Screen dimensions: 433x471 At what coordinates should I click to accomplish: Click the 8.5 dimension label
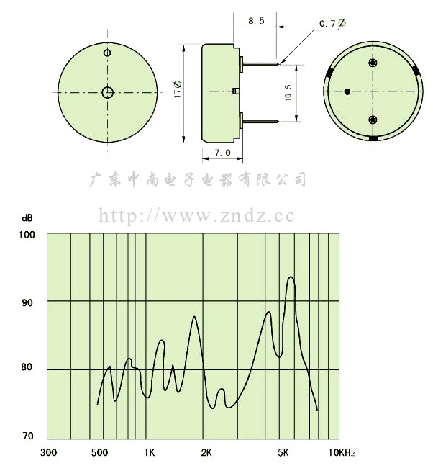(x=256, y=21)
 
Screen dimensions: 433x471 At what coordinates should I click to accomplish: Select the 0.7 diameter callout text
(x=332, y=23)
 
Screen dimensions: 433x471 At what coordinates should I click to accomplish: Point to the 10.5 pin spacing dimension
(x=288, y=92)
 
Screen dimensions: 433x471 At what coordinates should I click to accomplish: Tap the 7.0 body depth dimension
(x=222, y=153)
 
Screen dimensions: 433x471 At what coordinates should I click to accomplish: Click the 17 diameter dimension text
(x=178, y=89)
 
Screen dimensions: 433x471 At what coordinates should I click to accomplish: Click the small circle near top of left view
(x=107, y=53)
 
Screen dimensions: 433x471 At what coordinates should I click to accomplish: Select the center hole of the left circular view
(x=107, y=92)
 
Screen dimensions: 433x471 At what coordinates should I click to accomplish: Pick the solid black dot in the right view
(x=347, y=92)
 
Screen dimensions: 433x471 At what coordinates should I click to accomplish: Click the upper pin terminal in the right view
(x=373, y=63)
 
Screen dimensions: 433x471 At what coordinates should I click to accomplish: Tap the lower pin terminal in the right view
(x=373, y=120)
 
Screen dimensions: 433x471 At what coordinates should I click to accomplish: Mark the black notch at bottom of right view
(x=373, y=138)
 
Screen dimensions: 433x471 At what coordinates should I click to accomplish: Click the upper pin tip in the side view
(x=279, y=63)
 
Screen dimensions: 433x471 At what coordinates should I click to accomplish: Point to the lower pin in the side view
(x=260, y=122)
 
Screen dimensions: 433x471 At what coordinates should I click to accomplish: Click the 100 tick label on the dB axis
(x=27, y=235)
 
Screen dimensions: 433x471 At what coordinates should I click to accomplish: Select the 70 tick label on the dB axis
(x=28, y=436)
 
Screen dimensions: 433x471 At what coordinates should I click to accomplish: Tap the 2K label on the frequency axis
(x=206, y=452)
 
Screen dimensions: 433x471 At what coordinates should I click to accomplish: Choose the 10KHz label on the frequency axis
(x=342, y=452)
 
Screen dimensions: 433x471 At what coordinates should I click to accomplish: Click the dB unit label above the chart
(x=27, y=218)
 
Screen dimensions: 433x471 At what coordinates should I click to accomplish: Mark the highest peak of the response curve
(x=291, y=277)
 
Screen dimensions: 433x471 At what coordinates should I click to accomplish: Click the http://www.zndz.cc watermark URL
(x=196, y=215)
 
